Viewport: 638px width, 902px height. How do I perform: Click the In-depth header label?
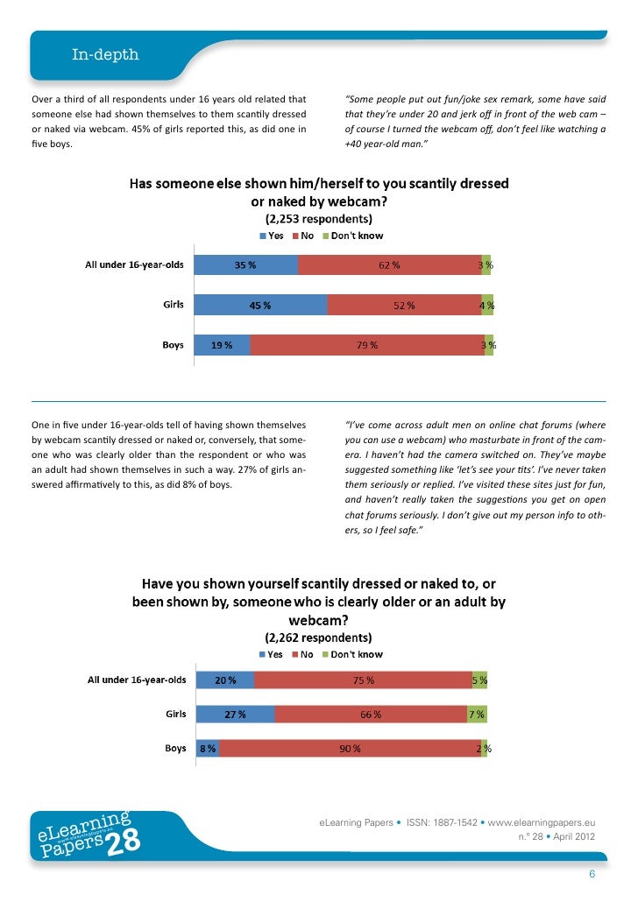tap(105, 55)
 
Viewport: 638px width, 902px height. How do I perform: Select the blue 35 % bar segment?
tap(245, 265)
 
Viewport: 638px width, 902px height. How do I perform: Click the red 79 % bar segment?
tap(366, 345)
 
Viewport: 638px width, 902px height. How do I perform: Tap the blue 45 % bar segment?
tap(259, 306)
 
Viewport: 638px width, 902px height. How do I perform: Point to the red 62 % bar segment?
tap(389, 265)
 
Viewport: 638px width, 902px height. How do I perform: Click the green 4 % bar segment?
tap(487, 306)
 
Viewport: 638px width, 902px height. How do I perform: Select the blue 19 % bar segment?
tap(221, 345)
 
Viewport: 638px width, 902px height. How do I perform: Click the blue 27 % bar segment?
tap(235, 714)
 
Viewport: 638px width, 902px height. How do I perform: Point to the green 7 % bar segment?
tap(477, 714)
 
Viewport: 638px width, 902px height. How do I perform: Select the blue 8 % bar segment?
tap(207, 749)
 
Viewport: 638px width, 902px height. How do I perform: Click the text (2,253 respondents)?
tap(318, 219)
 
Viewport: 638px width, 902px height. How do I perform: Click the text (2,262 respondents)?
tap(318, 638)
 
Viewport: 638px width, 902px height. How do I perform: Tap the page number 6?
tap(592, 874)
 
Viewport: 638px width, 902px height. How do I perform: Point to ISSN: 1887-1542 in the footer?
tap(442, 823)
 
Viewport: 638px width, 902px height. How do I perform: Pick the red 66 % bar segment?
tap(371, 714)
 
